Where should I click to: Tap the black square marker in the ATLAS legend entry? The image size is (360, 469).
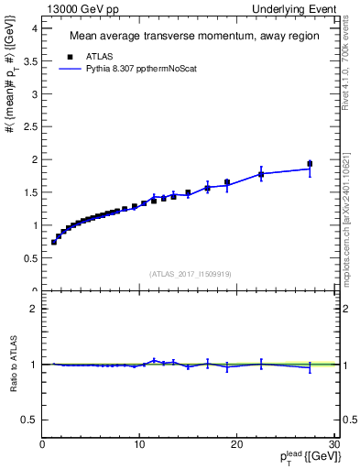[x=67, y=55]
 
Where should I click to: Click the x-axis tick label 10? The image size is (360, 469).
[x=139, y=445]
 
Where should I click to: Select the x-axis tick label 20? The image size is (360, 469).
[x=236, y=445]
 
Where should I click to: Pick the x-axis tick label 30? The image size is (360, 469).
[x=333, y=445]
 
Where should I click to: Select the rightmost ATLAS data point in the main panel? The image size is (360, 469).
[x=310, y=164]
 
